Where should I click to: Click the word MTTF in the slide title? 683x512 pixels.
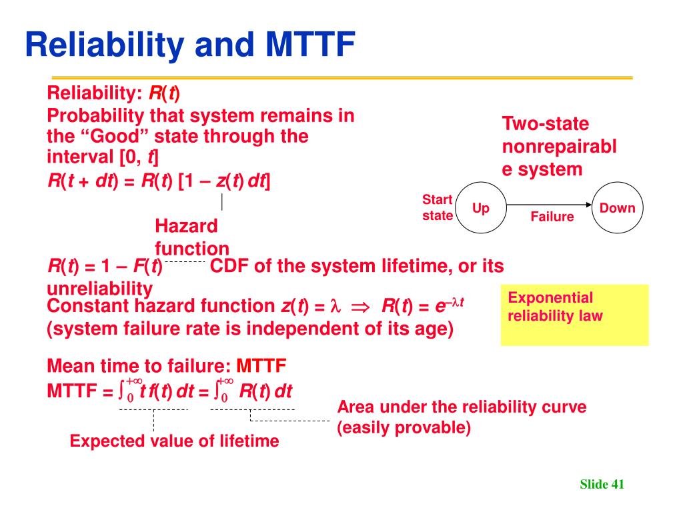pos(310,45)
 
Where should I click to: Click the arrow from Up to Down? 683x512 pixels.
pos(549,205)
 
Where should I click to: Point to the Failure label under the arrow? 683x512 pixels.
pos(552,217)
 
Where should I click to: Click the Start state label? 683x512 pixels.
pos(438,208)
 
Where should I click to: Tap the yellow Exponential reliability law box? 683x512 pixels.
pos(574,315)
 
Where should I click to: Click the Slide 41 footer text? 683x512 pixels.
pos(602,484)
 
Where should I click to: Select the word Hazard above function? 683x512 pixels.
pos(186,226)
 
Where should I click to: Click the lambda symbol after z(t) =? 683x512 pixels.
pos(335,305)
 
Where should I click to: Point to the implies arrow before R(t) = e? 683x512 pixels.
pos(360,307)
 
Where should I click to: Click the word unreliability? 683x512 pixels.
pos(100,289)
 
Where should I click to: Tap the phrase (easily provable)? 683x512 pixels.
pos(404,427)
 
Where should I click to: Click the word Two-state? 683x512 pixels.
pos(546,123)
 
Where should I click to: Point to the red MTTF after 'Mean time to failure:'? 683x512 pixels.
pos(261,366)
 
